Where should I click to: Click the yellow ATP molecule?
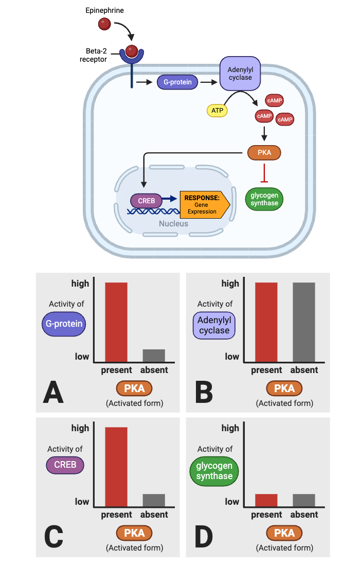tap(217, 111)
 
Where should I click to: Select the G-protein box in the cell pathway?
tap(177, 82)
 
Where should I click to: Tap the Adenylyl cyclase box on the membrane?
tap(240, 73)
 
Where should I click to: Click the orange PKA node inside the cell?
tap(264, 152)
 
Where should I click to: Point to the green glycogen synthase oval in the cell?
tap(264, 199)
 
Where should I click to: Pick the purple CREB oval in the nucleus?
tap(146, 201)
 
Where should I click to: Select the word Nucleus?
tap(173, 223)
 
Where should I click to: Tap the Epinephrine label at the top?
tap(104, 10)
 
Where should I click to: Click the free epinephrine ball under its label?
tap(104, 24)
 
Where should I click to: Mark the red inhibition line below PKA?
tap(264, 173)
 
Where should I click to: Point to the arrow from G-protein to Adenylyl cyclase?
tap(208, 82)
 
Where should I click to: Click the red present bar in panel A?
tap(116, 322)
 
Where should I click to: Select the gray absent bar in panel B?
tap(304, 322)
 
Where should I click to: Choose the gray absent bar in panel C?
tap(154, 500)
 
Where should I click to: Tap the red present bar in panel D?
tap(266, 500)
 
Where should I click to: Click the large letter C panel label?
tap(53, 536)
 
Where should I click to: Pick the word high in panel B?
tap(230, 284)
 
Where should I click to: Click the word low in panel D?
tap(232, 501)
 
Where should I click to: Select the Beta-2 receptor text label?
tap(94, 55)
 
